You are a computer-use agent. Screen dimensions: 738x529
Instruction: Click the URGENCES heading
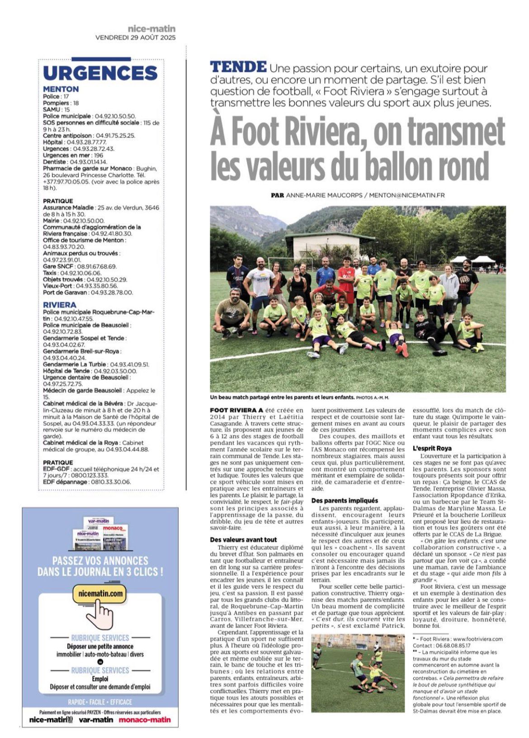pyautogui.click(x=100, y=73)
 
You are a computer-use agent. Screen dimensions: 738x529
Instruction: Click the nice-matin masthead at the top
pyautogui.click(x=151, y=29)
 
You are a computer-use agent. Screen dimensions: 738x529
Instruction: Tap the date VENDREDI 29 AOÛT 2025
pyautogui.click(x=135, y=38)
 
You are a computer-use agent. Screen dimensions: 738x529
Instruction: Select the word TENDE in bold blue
pyautogui.click(x=238, y=67)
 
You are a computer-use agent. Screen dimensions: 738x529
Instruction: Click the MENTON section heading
pyautogui.click(x=61, y=89)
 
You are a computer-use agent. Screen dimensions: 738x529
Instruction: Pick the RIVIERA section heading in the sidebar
pyautogui.click(x=60, y=305)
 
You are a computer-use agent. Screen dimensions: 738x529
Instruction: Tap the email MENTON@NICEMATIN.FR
pyautogui.click(x=406, y=195)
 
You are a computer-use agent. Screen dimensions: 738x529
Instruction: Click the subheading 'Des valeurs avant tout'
pyautogui.click(x=243, y=539)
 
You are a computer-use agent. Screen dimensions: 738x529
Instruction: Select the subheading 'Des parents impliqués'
pyautogui.click(x=345, y=501)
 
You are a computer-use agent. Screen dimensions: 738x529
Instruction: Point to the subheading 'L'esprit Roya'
pyautogui.click(x=432, y=448)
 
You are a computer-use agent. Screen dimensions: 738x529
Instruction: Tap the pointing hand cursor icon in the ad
pyautogui.click(x=100, y=616)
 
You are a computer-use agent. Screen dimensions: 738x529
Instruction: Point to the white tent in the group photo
pyautogui.click(x=484, y=260)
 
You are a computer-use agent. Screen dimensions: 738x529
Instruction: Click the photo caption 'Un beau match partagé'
pyautogui.click(x=282, y=397)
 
